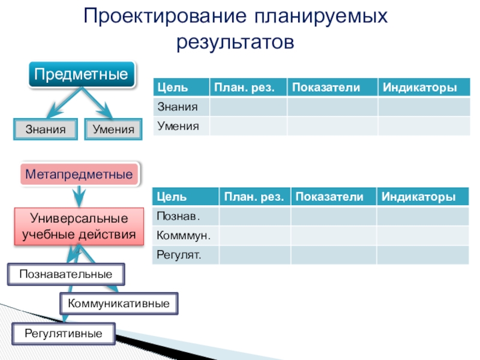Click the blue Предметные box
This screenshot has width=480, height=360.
pyautogui.click(x=81, y=75)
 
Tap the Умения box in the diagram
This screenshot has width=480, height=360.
pyautogui.click(x=114, y=129)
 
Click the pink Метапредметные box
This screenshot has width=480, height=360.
pyautogui.click(x=81, y=175)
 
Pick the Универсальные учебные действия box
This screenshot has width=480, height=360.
pyautogui.click(x=79, y=226)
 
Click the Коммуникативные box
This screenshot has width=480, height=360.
pyautogui.click(x=119, y=304)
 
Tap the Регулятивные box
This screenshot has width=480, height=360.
pyautogui.click(x=64, y=333)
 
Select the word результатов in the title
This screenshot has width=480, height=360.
pyautogui.click(x=235, y=43)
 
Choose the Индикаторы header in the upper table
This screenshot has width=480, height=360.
pyautogui.click(x=420, y=88)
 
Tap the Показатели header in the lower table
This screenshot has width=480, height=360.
pyautogui.click(x=329, y=197)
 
